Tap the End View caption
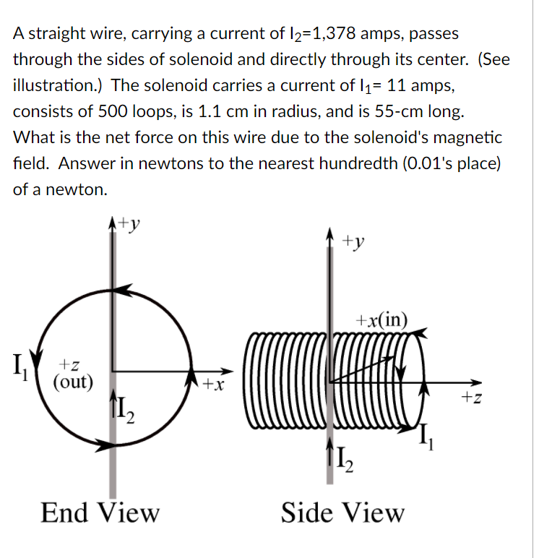coord(100,512)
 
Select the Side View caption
coord(342,512)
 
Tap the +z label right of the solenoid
coord(470,395)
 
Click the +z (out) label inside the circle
coord(73,375)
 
